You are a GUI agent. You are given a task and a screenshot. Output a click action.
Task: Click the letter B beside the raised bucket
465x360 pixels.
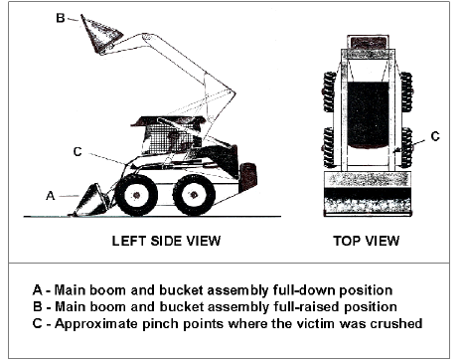coord(61,18)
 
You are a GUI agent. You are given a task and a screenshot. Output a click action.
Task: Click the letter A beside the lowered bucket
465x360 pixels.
coord(50,196)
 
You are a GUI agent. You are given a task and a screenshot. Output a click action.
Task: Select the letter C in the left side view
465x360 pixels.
coord(77,151)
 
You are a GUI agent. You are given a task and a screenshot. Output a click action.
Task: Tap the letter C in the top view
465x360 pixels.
coord(435,136)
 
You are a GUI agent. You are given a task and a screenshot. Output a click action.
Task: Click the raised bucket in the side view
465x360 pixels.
coord(100,34)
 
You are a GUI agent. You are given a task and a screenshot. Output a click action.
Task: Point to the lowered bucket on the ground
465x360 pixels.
coord(89,201)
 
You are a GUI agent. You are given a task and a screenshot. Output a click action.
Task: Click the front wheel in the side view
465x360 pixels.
coord(136,195)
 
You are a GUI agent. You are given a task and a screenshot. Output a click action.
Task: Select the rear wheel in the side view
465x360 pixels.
coord(194,195)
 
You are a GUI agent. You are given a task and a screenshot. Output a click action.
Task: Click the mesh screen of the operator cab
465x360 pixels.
coord(172,138)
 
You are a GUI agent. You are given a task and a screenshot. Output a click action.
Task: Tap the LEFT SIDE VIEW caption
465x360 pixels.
coord(166,241)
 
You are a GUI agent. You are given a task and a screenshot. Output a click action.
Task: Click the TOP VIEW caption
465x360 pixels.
coord(367,241)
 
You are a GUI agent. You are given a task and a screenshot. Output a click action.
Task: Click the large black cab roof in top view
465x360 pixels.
coord(369,115)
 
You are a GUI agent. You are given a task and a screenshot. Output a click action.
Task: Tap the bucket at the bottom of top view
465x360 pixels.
coord(368,194)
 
